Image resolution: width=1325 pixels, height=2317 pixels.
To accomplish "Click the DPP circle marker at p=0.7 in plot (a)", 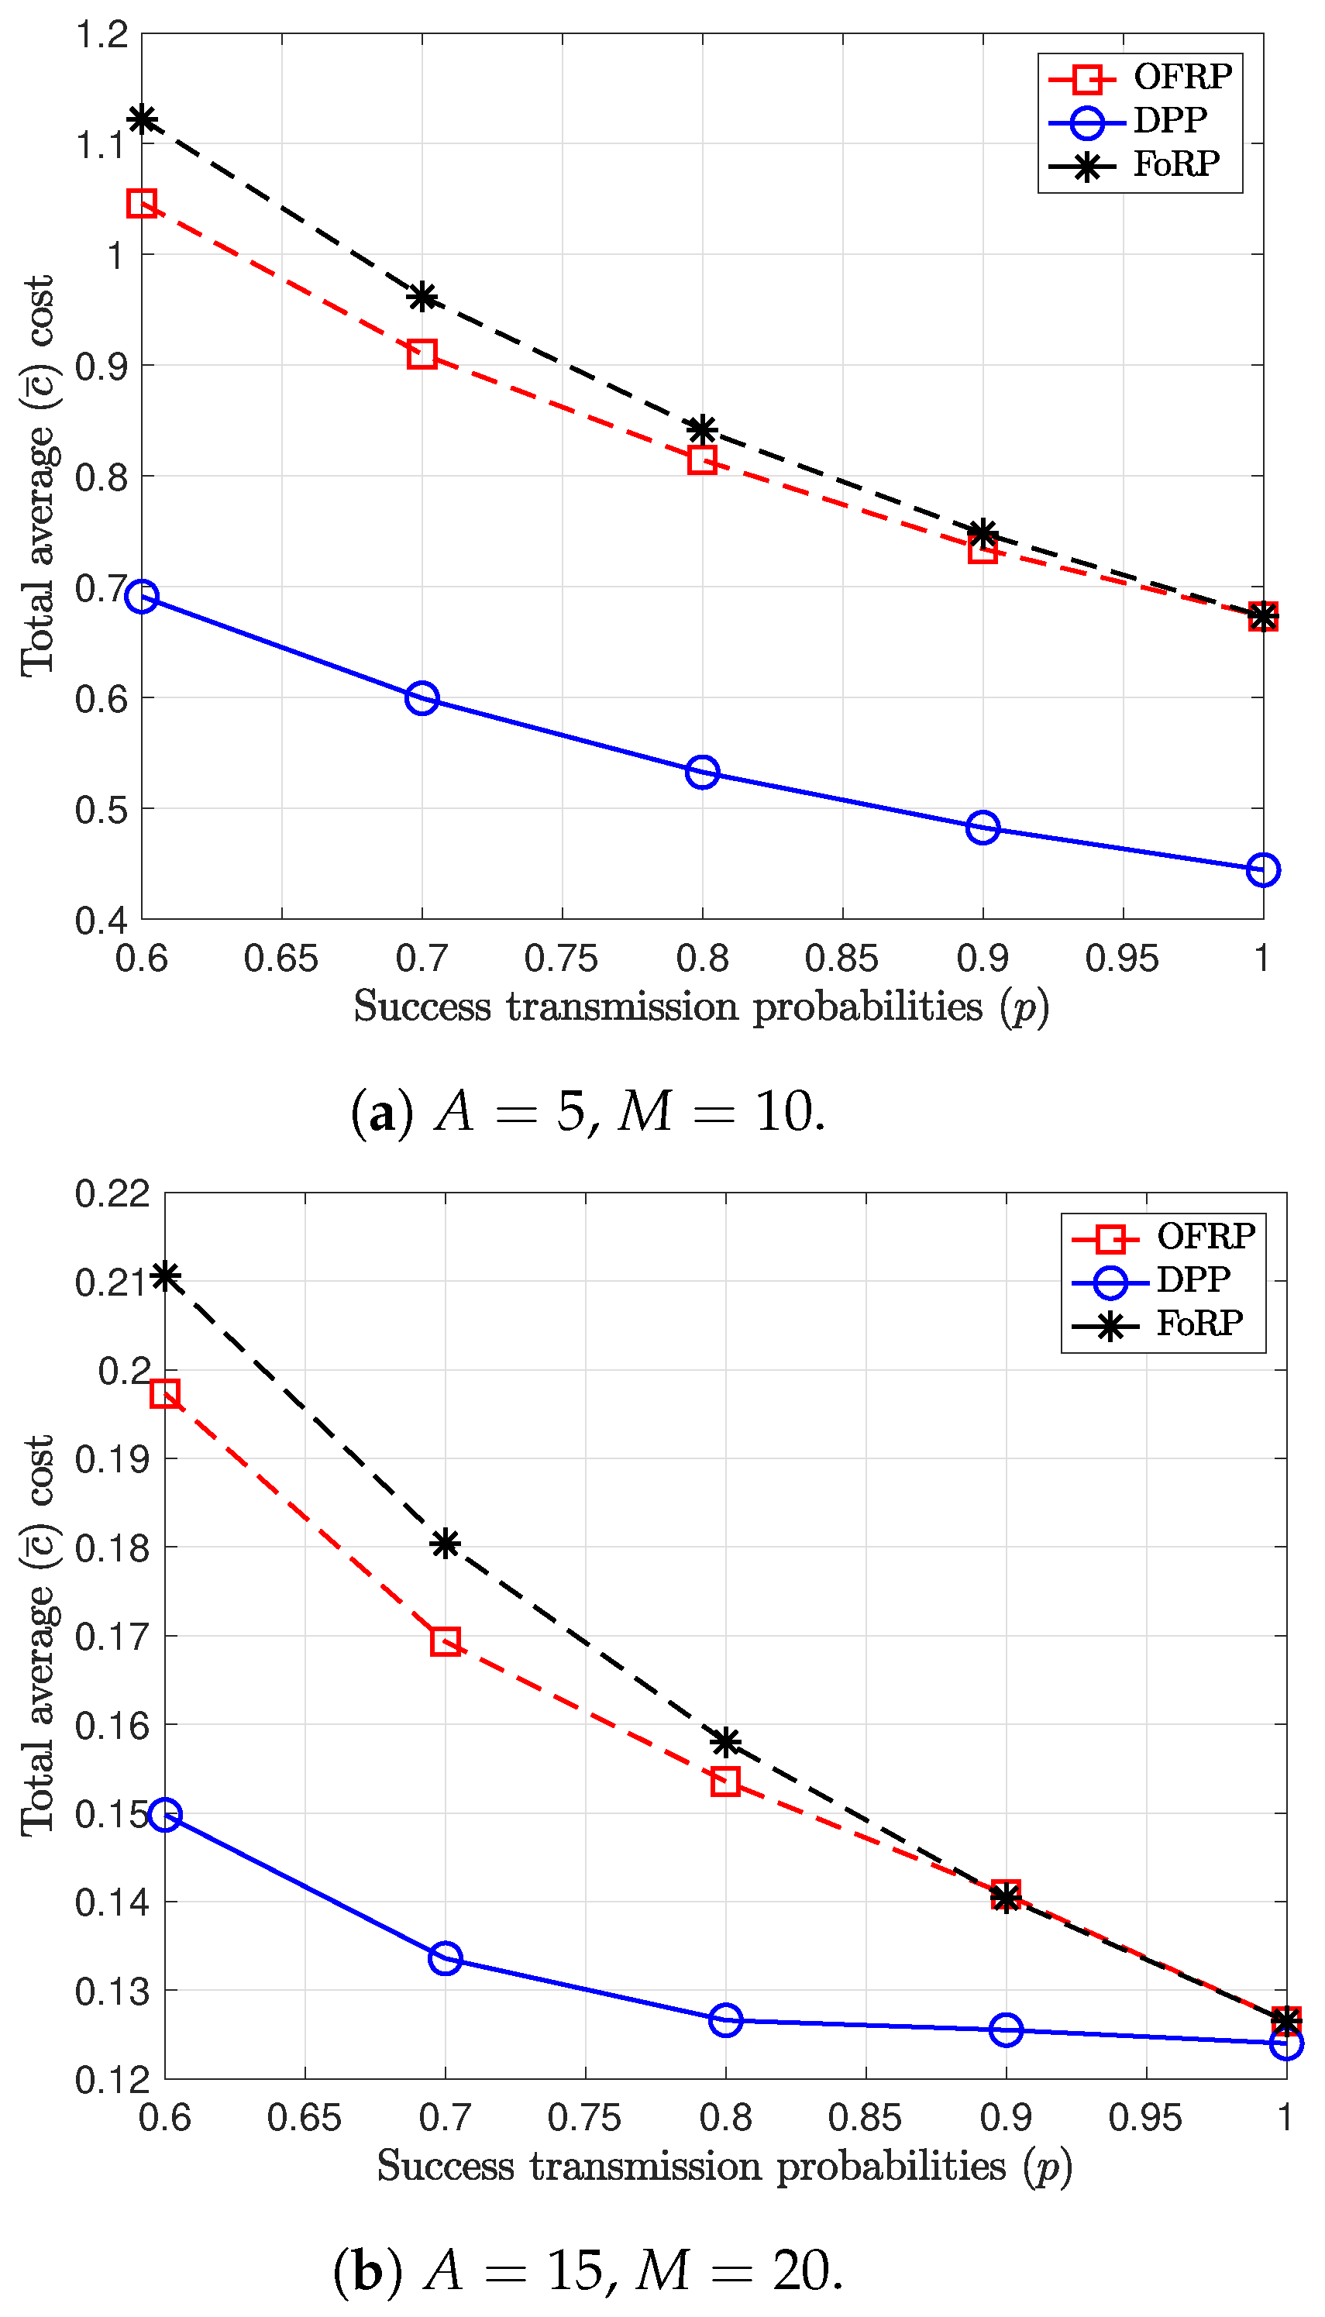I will pos(422,698).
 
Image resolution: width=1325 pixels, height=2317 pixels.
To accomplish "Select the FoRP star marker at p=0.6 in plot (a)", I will pos(142,119).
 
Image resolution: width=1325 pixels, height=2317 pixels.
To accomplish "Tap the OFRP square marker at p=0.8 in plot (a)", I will pos(702,460).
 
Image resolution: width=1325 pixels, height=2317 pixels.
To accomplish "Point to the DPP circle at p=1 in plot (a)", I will pos(1262,869).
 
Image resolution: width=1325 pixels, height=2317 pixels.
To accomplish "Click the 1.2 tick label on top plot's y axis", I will pos(102,36).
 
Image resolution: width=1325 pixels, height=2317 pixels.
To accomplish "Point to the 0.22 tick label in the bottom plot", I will pos(112,1193).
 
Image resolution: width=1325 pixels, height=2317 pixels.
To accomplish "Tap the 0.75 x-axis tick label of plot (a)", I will pos(562,959).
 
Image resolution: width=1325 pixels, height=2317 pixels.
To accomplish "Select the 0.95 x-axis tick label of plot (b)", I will pos(1144,2118).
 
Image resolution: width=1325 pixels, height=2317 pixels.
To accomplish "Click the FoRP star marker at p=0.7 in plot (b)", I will pos(445,1544).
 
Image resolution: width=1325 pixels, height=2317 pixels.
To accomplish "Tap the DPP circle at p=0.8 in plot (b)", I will pos(725,2019).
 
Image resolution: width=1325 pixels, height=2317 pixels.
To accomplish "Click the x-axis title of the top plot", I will pos(700,1007).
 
